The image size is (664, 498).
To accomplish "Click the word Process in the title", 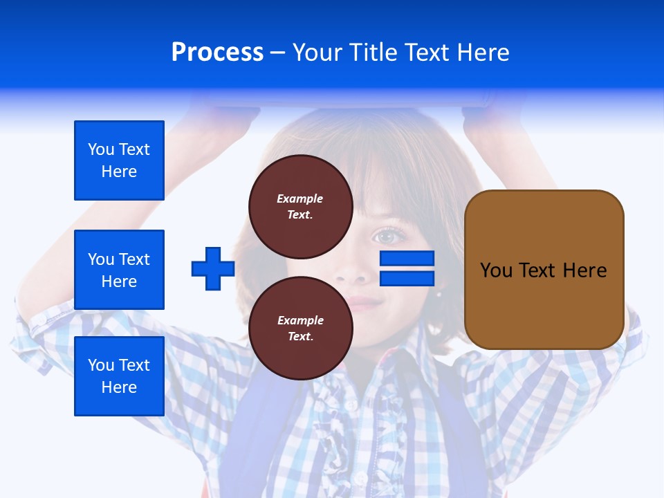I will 217,53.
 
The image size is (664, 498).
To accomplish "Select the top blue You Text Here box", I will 119,160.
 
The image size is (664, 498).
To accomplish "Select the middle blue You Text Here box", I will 119,270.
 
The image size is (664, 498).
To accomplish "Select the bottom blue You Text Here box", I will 119,376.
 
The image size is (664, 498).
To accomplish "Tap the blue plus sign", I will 213,268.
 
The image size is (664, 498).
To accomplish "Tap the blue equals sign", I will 407,268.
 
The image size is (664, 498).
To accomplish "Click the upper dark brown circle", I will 301,206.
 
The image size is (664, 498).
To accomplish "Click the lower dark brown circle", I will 301,328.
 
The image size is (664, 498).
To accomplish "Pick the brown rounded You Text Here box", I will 544,270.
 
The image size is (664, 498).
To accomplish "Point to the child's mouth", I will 362,303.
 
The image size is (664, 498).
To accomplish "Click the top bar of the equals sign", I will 407,259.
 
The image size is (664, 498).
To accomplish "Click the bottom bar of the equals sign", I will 407,278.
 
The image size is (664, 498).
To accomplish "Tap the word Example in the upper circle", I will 300,199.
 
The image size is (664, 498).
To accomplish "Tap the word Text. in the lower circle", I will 300,336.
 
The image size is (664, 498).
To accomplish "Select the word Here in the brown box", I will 584,270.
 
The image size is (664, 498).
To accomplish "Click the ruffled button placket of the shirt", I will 346,429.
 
